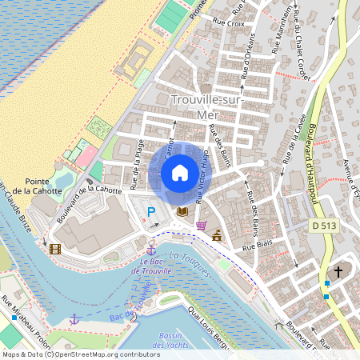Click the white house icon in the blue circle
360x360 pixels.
[180, 173]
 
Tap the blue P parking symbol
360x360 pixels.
[151, 212]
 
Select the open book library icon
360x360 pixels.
[182, 212]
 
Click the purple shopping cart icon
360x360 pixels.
[202, 225]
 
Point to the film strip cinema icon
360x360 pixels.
[54, 249]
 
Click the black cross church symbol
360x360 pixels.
[338, 272]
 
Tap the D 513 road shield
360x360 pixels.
[325, 226]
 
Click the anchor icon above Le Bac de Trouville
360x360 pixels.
[150, 250]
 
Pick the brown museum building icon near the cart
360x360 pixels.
[218, 235]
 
